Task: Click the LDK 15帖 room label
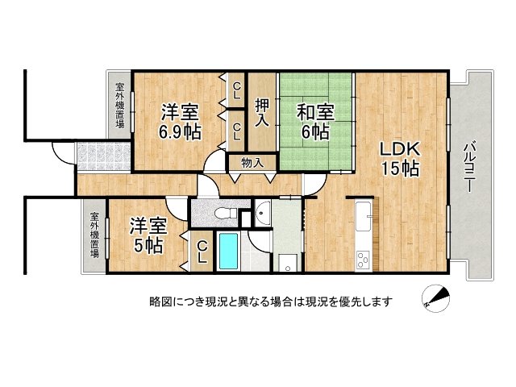(x=399, y=158)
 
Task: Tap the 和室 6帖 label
(x=315, y=120)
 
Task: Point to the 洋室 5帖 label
(x=148, y=233)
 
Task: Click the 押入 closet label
(x=262, y=111)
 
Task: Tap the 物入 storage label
(x=253, y=162)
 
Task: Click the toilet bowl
(x=227, y=213)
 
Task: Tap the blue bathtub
(x=230, y=252)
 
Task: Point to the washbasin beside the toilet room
(x=264, y=214)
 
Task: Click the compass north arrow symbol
(x=435, y=300)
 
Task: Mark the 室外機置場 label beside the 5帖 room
(x=95, y=235)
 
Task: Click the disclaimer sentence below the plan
(x=271, y=302)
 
